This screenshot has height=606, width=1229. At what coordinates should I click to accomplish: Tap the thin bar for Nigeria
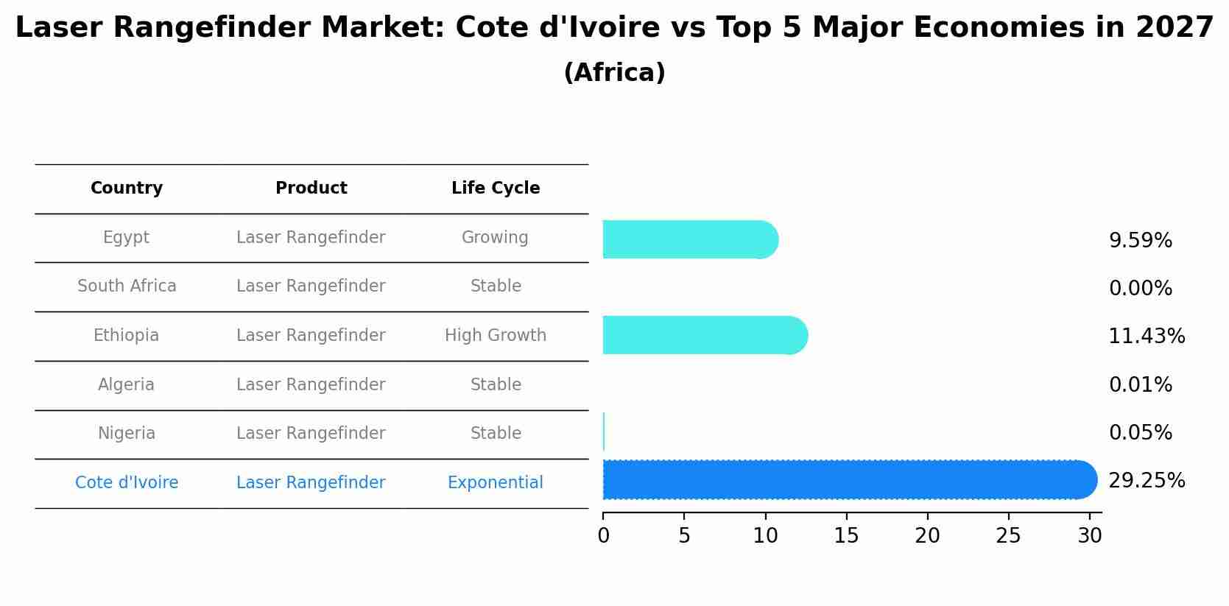coord(604,431)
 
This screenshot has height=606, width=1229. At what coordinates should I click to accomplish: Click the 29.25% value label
coord(1147,481)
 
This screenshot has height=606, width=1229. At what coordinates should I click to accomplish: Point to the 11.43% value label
coord(1147,337)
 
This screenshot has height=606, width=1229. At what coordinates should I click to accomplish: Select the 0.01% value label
coord(1140,384)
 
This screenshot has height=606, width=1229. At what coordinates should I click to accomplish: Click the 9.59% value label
coord(1140,241)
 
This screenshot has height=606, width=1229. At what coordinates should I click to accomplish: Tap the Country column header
coord(127,189)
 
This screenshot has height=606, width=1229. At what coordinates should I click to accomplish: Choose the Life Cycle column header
coord(496,189)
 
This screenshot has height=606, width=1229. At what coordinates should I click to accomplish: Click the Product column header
coord(311,189)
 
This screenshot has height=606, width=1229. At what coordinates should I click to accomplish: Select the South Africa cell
coord(127,286)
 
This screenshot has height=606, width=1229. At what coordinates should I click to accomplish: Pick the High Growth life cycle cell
coord(496,336)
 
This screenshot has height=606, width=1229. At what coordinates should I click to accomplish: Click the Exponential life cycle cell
coord(496,483)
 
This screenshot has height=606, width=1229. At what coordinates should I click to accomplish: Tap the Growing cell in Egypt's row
coord(495,238)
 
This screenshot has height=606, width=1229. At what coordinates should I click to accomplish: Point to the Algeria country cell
coord(127,385)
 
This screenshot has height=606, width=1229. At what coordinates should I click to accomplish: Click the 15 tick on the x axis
coord(846,536)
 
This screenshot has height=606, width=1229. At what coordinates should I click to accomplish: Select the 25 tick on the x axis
coord(1008,536)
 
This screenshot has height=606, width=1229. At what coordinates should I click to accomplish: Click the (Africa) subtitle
coord(614,73)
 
